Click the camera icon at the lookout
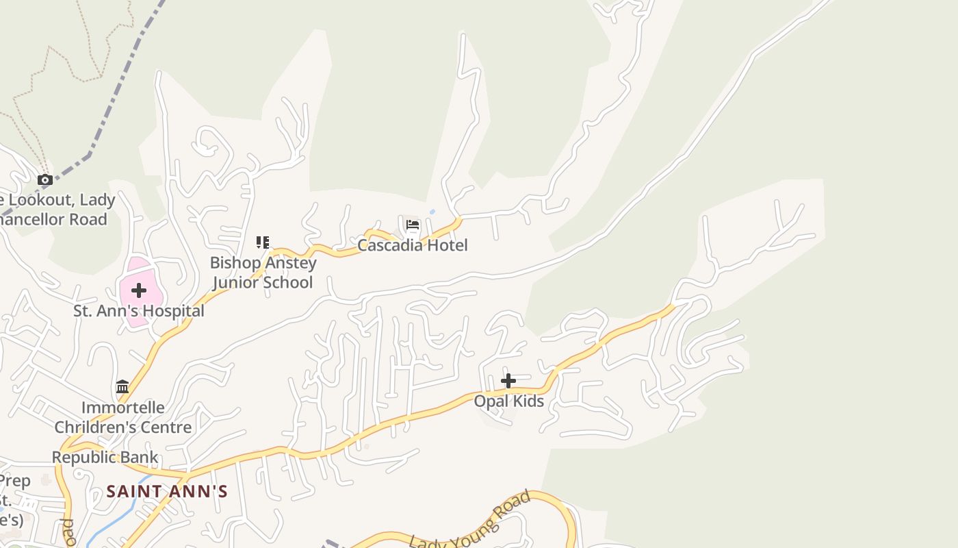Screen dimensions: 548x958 coord(45,180)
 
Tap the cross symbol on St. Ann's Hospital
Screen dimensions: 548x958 coord(139,290)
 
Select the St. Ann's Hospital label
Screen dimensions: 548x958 coord(139,311)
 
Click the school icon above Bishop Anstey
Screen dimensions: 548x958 coord(263,242)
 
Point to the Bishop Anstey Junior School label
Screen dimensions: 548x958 coord(263,273)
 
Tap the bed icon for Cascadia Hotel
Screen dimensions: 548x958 coord(412,225)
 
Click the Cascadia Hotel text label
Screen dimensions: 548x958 coord(412,245)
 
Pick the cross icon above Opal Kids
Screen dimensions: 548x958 coord(508,381)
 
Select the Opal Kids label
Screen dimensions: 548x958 coord(509,401)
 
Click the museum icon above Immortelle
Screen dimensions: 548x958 coord(122,387)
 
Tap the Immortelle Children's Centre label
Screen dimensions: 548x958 coord(122,417)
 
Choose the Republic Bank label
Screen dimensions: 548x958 coord(105,457)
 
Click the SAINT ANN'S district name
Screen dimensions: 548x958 coord(167,491)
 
